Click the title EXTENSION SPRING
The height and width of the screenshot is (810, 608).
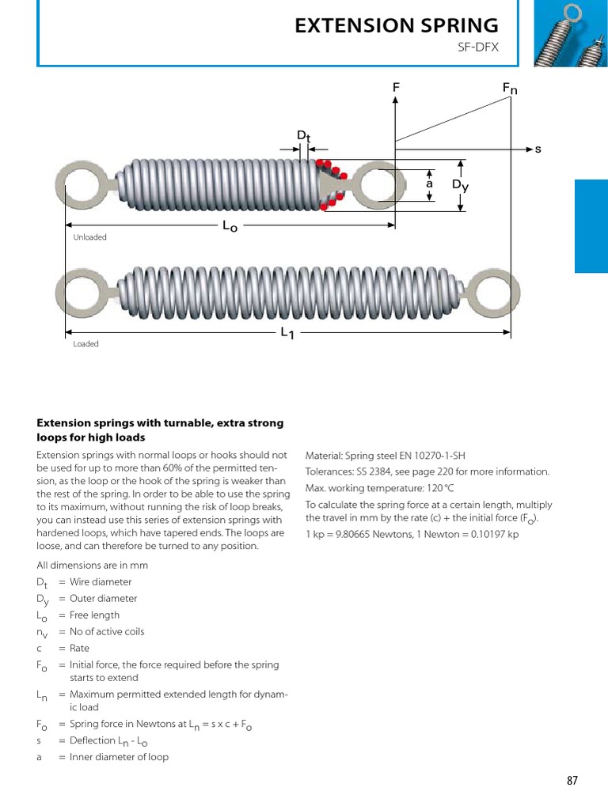[397, 25]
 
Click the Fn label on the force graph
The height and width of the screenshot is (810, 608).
[510, 89]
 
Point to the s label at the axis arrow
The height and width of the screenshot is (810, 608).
[538, 149]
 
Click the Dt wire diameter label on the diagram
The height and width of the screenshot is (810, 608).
[304, 136]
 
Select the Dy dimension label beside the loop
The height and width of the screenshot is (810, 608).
[460, 185]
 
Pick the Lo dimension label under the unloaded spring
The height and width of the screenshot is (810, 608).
[230, 226]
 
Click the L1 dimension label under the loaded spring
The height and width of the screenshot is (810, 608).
[287, 334]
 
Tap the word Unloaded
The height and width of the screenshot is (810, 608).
[89, 237]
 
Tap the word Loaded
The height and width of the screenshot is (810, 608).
[85, 344]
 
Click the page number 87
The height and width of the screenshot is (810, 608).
[572, 781]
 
